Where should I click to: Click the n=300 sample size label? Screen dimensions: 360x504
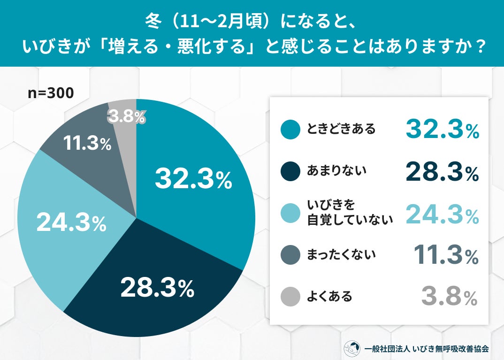[51, 93]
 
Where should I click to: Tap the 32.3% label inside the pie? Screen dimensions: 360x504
[193, 179]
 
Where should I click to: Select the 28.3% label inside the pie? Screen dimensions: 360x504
[157, 288]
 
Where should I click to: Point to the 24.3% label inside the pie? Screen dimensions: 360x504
[71, 223]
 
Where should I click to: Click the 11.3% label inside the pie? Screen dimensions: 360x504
[87, 144]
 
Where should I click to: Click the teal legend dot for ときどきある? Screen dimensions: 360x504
[290, 130]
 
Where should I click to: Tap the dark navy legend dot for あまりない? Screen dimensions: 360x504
[290, 172]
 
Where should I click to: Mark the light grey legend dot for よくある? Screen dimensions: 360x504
[290, 297]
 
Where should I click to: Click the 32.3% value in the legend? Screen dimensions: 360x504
[442, 130]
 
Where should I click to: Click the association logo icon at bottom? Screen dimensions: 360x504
[352, 348]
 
